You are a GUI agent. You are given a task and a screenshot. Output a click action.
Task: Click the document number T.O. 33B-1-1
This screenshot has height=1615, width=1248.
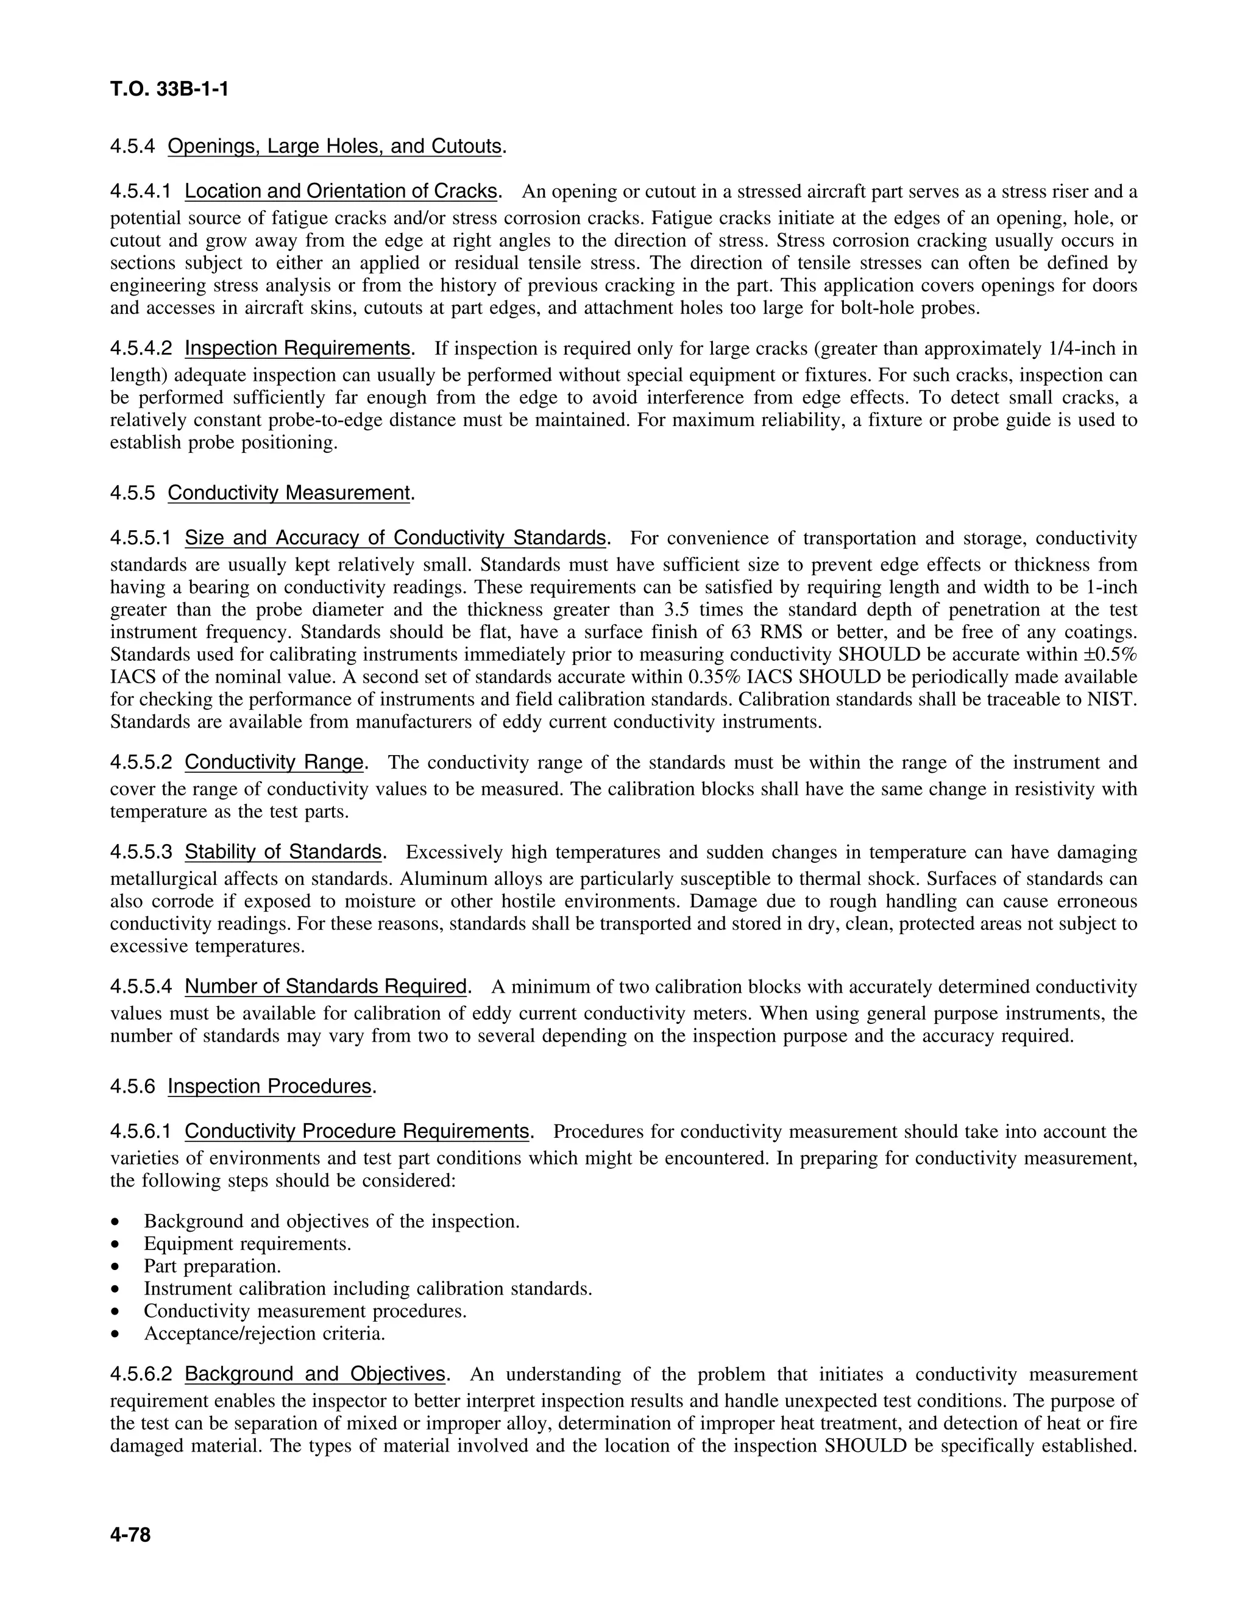tap(169, 90)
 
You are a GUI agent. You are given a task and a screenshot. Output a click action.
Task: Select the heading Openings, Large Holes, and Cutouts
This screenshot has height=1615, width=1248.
tap(334, 146)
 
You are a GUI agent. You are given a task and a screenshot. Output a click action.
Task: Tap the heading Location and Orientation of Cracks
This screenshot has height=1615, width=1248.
tap(341, 191)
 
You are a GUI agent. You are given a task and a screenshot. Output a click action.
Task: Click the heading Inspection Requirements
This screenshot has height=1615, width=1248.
tap(298, 347)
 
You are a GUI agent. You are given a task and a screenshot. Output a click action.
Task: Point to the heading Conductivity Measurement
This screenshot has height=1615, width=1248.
tap(288, 492)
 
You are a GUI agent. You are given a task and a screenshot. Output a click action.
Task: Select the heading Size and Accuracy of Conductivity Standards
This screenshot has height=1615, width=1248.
tap(395, 538)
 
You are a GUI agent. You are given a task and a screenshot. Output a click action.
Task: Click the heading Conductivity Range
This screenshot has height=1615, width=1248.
tap(274, 762)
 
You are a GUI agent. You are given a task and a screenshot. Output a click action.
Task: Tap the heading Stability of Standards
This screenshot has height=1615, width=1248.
tap(283, 852)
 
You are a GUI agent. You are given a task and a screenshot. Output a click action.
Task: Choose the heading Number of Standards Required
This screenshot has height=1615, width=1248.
tap(325, 987)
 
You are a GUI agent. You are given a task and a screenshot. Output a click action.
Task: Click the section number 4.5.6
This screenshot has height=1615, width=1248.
tap(132, 1086)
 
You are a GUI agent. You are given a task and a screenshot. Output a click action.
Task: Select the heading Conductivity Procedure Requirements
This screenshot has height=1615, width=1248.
tap(356, 1131)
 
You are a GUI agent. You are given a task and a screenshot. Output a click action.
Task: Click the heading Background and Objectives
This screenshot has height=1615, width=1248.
tap(315, 1374)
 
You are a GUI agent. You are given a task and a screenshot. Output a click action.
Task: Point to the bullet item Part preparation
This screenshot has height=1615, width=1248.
tap(212, 1266)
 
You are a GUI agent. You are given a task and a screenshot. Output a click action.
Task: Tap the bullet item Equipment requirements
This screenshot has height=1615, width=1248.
tap(247, 1243)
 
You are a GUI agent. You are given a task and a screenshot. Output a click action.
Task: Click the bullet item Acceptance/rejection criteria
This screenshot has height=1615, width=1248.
tap(264, 1333)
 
